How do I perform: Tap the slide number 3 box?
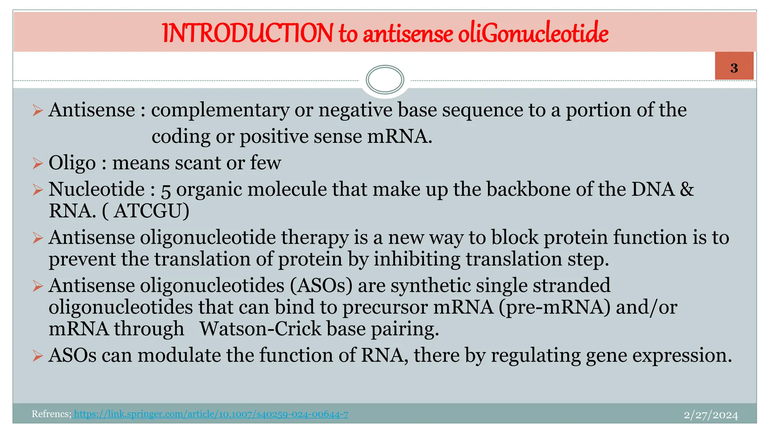point(734,67)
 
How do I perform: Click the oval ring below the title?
point(385,80)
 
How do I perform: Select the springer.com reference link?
point(211,414)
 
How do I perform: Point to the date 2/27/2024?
point(711,415)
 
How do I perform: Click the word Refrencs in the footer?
point(51,414)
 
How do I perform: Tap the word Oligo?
point(72,163)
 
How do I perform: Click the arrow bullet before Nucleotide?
point(38,189)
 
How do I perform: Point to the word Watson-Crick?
point(260,329)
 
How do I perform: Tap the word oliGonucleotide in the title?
point(533,33)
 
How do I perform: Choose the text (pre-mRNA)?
point(555,307)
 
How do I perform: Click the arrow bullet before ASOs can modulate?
point(38,356)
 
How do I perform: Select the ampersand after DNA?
point(687,189)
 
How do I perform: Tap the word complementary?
point(220,111)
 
